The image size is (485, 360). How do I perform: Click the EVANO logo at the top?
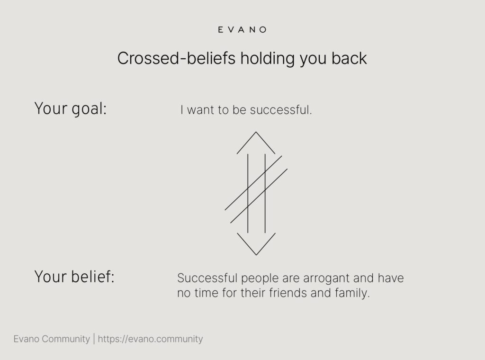[x=242, y=30]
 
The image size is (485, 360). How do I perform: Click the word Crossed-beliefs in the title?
[x=176, y=58]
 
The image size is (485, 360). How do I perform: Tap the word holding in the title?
[x=268, y=59]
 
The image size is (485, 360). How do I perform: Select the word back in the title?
[x=349, y=58]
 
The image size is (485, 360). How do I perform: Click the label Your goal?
[x=71, y=109]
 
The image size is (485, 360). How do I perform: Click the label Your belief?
[x=74, y=276]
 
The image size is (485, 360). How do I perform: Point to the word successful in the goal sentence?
[x=281, y=110]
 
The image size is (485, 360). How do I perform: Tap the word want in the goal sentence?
[x=200, y=110]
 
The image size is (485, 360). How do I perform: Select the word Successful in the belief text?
[x=207, y=278]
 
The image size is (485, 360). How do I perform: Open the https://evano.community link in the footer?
[x=150, y=339]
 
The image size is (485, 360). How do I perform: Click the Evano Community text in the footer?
[x=52, y=339]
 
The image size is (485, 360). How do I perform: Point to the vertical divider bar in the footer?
[x=94, y=339]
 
